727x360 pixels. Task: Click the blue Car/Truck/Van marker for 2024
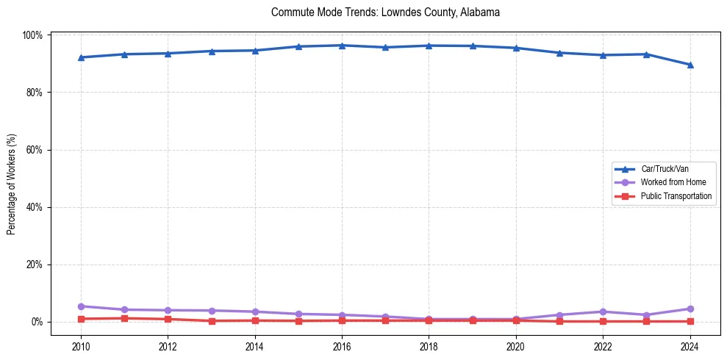tap(690, 65)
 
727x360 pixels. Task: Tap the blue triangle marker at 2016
tap(342, 46)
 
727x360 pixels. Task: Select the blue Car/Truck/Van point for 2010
tap(81, 57)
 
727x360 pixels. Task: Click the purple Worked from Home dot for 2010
tap(81, 306)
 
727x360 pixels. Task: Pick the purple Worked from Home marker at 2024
tap(690, 309)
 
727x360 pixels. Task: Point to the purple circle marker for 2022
tap(603, 312)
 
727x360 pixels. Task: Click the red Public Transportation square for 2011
tap(124, 318)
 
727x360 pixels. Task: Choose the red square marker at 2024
tap(690, 321)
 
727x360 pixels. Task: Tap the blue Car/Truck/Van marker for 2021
tap(559, 53)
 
